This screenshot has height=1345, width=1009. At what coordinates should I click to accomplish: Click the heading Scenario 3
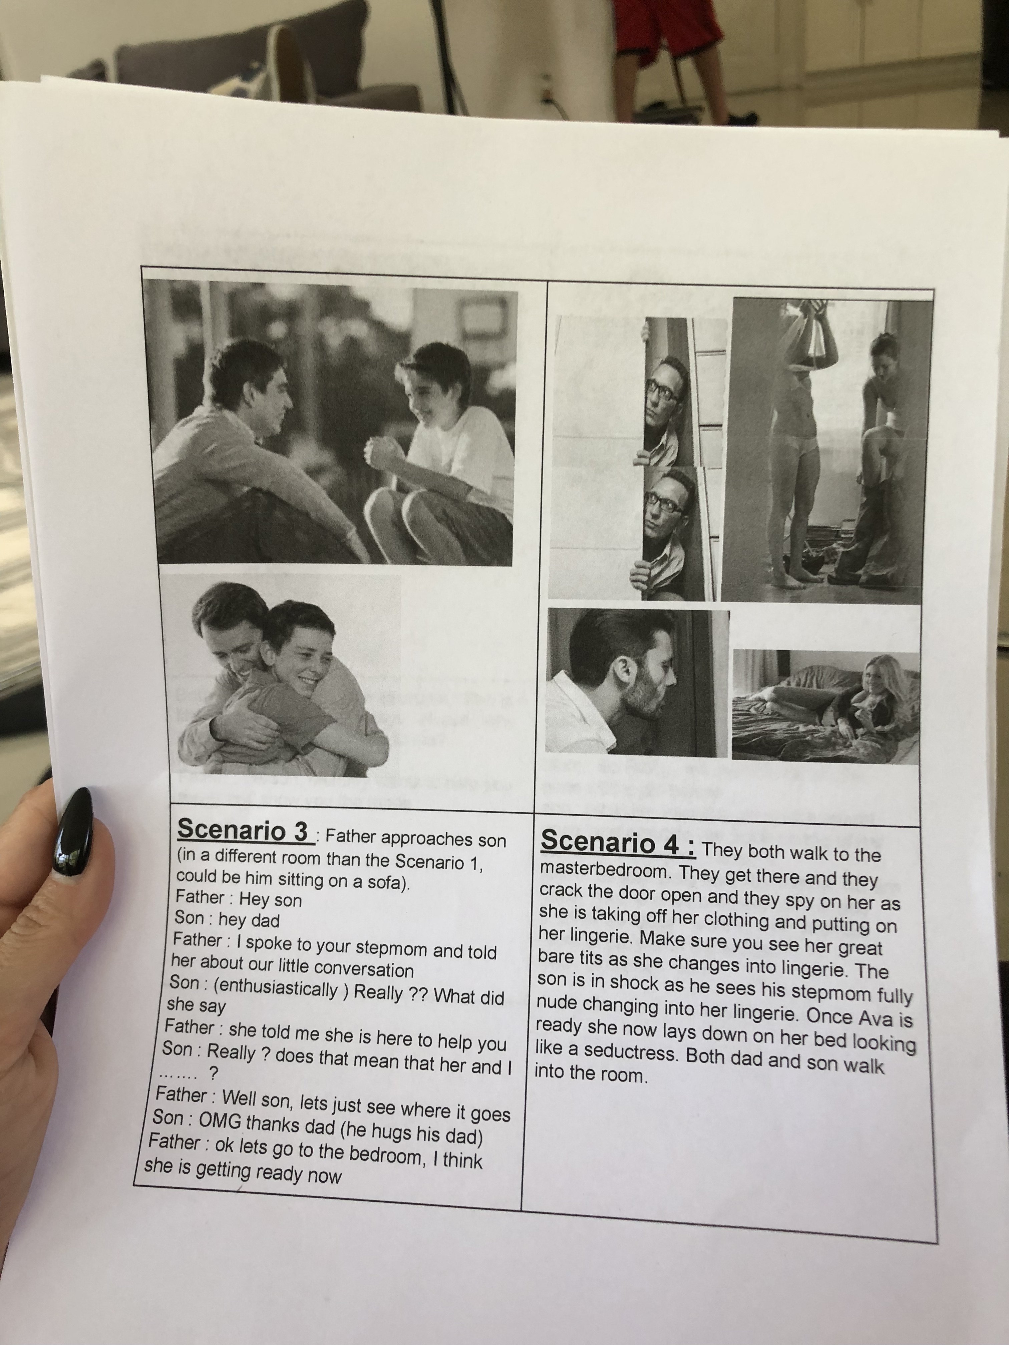click(x=243, y=830)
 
